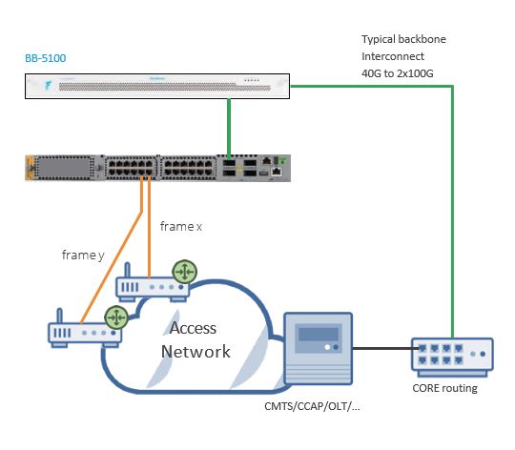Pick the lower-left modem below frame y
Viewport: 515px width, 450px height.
point(84,331)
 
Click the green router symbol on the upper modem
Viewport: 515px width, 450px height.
point(184,272)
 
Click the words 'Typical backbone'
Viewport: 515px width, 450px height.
point(403,39)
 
